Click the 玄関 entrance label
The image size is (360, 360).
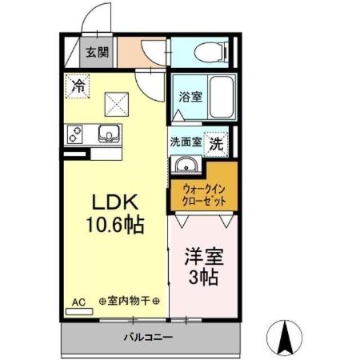[x=98, y=54]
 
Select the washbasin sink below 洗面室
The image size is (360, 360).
[x=185, y=165]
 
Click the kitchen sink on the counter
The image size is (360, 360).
[x=108, y=133]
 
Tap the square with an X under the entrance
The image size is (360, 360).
[x=118, y=100]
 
